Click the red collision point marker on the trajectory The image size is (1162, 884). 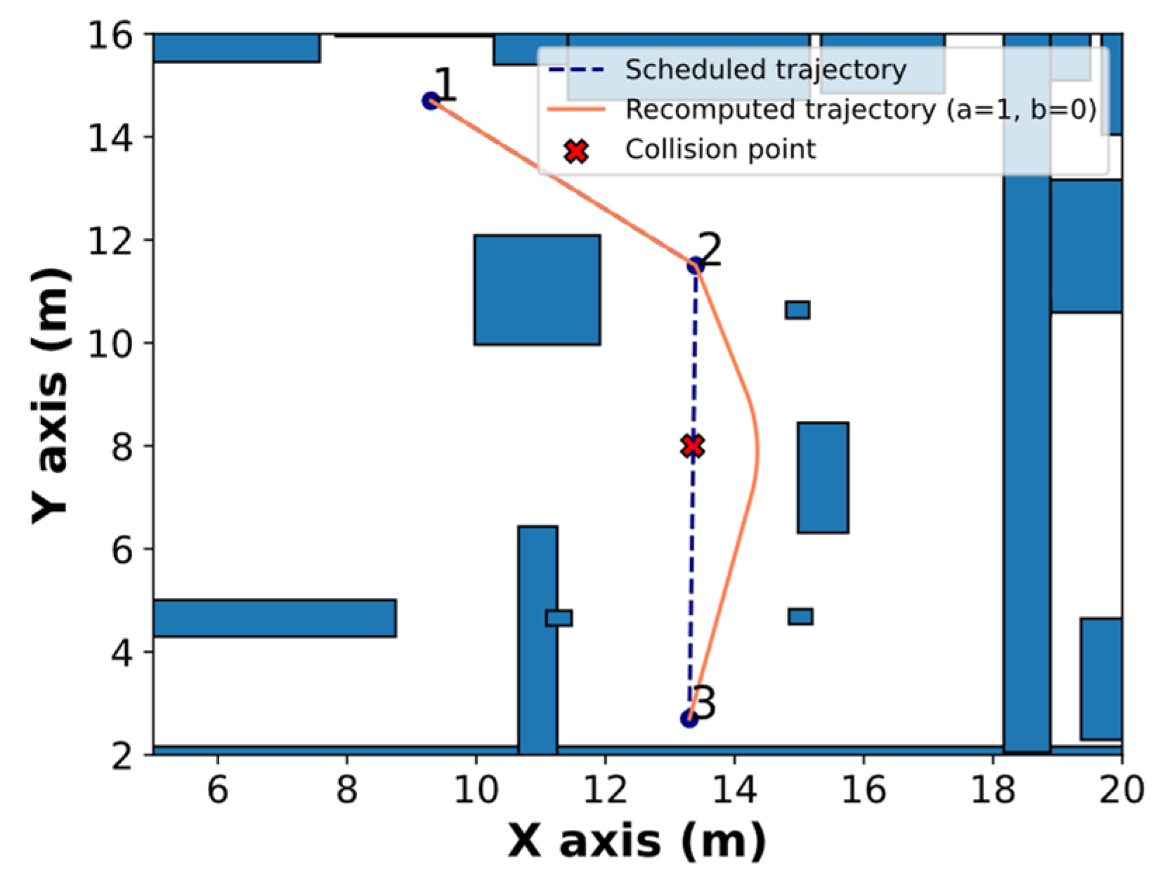click(x=693, y=446)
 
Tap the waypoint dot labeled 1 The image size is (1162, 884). click(x=431, y=101)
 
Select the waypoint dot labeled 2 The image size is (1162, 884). click(x=695, y=266)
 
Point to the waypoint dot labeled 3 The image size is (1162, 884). click(x=689, y=718)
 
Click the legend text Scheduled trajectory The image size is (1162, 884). click(x=766, y=70)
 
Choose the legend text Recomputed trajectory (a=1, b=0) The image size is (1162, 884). click(x=861, y=110)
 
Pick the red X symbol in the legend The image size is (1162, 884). click(x=576, y=150)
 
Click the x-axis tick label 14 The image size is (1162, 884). click(x=734, y=790)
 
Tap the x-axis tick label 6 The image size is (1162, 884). click(x=218, y=790)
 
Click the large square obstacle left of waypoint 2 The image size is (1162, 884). click(x=537, y=290)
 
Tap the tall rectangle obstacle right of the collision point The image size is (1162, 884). click(x=823, y=477)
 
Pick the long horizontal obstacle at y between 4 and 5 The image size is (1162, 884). click(x=274, y=618)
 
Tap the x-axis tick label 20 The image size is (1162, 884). click(x=1121, y=790)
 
